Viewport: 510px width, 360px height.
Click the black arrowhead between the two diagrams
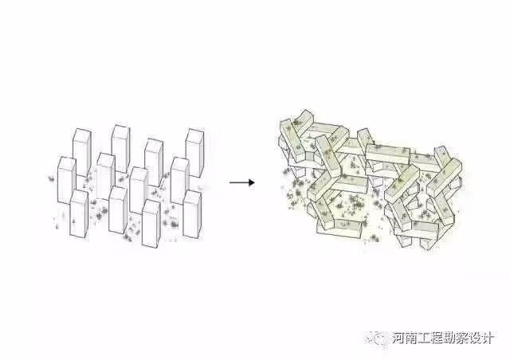pyautogui.click(x=252, y=182)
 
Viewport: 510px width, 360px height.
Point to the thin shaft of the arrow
pyautogui.click(x=239, y=182)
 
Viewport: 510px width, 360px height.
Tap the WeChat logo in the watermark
pyautogui.click(x=377, y=338)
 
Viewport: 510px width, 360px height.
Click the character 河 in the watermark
pyautogui.click(x=398, y=338)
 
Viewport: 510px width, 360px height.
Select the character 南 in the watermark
pyautogui.click(x=411, y=338)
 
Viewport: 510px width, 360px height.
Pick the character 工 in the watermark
pyautogui.click(x=424, y=338)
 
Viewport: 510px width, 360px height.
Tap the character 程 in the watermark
pyautogui.click(x=437, y=338)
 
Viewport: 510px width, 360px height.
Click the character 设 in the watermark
pyautogui.click(x=475, y=338)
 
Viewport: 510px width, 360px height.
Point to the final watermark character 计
pyautogui.click(x=488, y=338)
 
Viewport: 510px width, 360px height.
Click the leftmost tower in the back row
pyautogui.click(x=81, y=152)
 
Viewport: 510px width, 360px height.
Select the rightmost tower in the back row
pyautogui.click(x=194, y=153)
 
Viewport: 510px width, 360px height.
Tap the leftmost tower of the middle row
pyautogui.click(x=67, y=180)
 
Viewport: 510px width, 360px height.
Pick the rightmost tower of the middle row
pyautogui.click(x=180, y=181)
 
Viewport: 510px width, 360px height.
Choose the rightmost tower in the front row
pyautogui.click(x=192, y=214)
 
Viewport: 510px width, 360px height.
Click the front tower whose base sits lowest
pyautogui.click(x=151, y=224)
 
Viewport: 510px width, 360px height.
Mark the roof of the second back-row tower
pyautogui.click(x=120, y=128)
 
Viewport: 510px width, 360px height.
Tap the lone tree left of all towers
pyautogui.click(x=51, y=178)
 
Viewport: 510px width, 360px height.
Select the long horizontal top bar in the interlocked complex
pyautogui.click(x=387, y=154)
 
